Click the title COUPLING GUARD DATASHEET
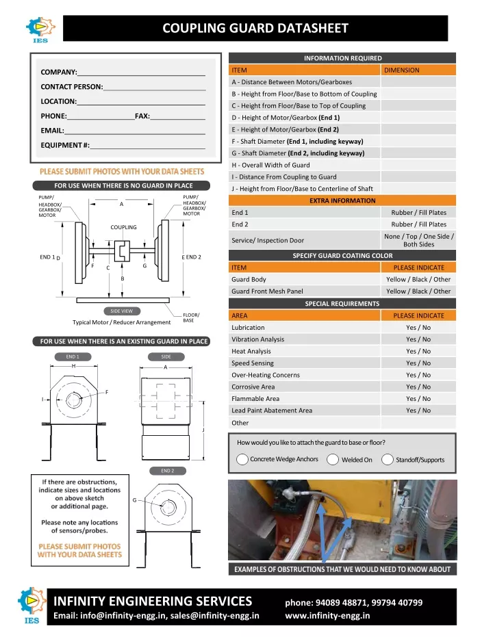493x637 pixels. (255, 29)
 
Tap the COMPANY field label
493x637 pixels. (58, 72)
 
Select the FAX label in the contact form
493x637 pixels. (142, 116)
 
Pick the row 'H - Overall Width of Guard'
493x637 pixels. (270, 165)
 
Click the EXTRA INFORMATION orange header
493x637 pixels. (342, 200)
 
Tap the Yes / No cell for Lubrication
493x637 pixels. (418, 328)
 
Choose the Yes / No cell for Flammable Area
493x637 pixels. (418, 399)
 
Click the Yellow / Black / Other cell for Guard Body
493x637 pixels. (418, 279)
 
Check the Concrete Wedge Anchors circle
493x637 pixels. (242, 459)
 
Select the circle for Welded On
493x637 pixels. (333, 459)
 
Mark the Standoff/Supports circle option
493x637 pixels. (388, 459)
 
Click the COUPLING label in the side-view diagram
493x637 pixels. (124, 227)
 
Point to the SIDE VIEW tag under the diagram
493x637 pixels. (122, 311)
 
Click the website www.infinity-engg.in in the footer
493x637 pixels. (327, 614)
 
